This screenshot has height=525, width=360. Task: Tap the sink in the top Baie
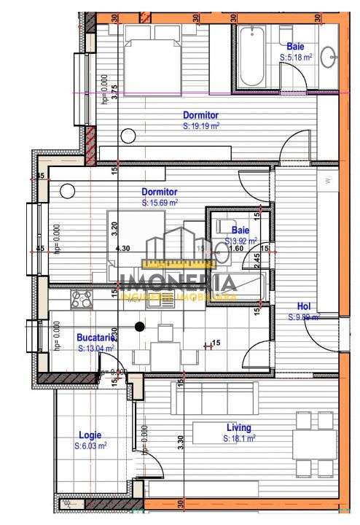tap(329, 55)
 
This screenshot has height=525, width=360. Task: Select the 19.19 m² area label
tap(202, 125)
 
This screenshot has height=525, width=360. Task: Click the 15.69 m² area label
tap(160, 203)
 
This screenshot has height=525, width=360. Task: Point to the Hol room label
tap(304, 306)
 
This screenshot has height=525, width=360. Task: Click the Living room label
tap(238, 427)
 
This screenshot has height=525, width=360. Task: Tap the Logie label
tap(90, 435)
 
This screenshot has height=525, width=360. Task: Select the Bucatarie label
tap(96, 338)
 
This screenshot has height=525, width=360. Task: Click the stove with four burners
tap(82, 298)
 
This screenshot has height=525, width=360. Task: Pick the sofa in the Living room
tap(216, 397)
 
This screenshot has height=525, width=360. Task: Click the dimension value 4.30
tap(123, 249)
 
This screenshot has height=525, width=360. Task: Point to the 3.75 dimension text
tap(114, 91)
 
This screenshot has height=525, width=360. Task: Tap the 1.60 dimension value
tap(236, 249)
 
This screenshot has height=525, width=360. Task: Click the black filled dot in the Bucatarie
tap(140, 327)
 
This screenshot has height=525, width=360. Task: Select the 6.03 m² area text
tap(93, 445)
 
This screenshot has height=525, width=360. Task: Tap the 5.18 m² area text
tap(296, 56)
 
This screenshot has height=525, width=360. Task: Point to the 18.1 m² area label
tap(240, 438)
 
